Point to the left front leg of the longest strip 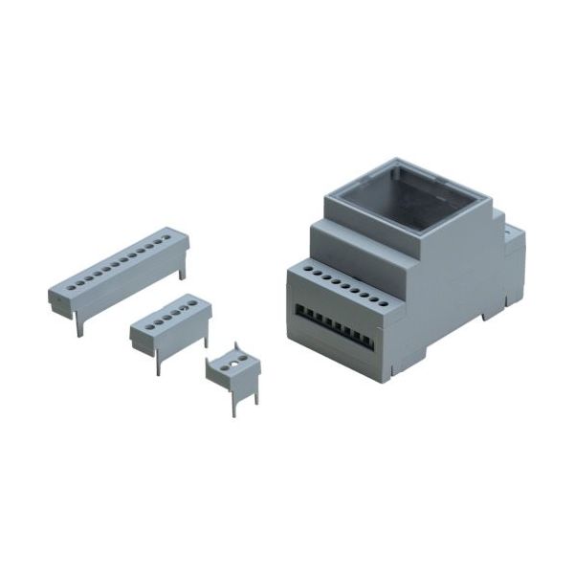click(x=80, y=324)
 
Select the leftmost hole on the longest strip click(x=66, y=287)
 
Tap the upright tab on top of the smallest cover click(x=235, y=345)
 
